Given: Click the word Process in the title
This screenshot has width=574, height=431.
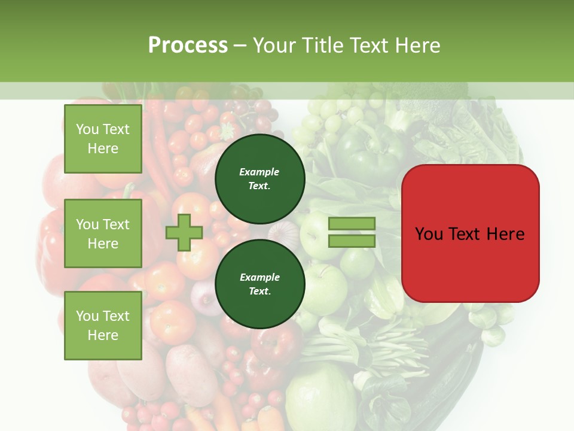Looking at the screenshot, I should (188, 45).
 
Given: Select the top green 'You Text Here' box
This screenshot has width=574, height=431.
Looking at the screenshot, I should (103, 139).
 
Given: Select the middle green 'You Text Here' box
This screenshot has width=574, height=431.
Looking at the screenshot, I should (103, 233).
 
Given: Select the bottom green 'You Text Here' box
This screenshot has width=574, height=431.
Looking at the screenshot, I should (103, 326).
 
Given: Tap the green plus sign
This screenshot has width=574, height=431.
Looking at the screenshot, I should (184, 232).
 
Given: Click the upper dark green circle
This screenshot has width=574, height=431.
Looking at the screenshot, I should (259, 179).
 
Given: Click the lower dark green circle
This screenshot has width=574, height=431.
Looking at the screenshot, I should (259, 284).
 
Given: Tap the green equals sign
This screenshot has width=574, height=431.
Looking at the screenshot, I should (352, 232).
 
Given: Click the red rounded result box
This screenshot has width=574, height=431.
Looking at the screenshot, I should (470, 233).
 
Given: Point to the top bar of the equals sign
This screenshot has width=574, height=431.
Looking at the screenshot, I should (352, 224).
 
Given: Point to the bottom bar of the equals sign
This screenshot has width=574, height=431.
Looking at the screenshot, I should (352, 241).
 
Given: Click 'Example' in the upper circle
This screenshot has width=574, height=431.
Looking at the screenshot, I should (259, 172).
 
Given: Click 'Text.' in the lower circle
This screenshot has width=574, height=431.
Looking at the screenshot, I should (259, 292).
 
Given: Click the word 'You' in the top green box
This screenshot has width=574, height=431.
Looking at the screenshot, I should (87, 129).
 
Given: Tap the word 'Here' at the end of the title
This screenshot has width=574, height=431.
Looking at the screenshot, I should (418, 45).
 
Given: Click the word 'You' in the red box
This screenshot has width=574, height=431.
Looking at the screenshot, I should (429, 234).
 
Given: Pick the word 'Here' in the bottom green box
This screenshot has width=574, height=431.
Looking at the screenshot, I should (103, 335).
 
